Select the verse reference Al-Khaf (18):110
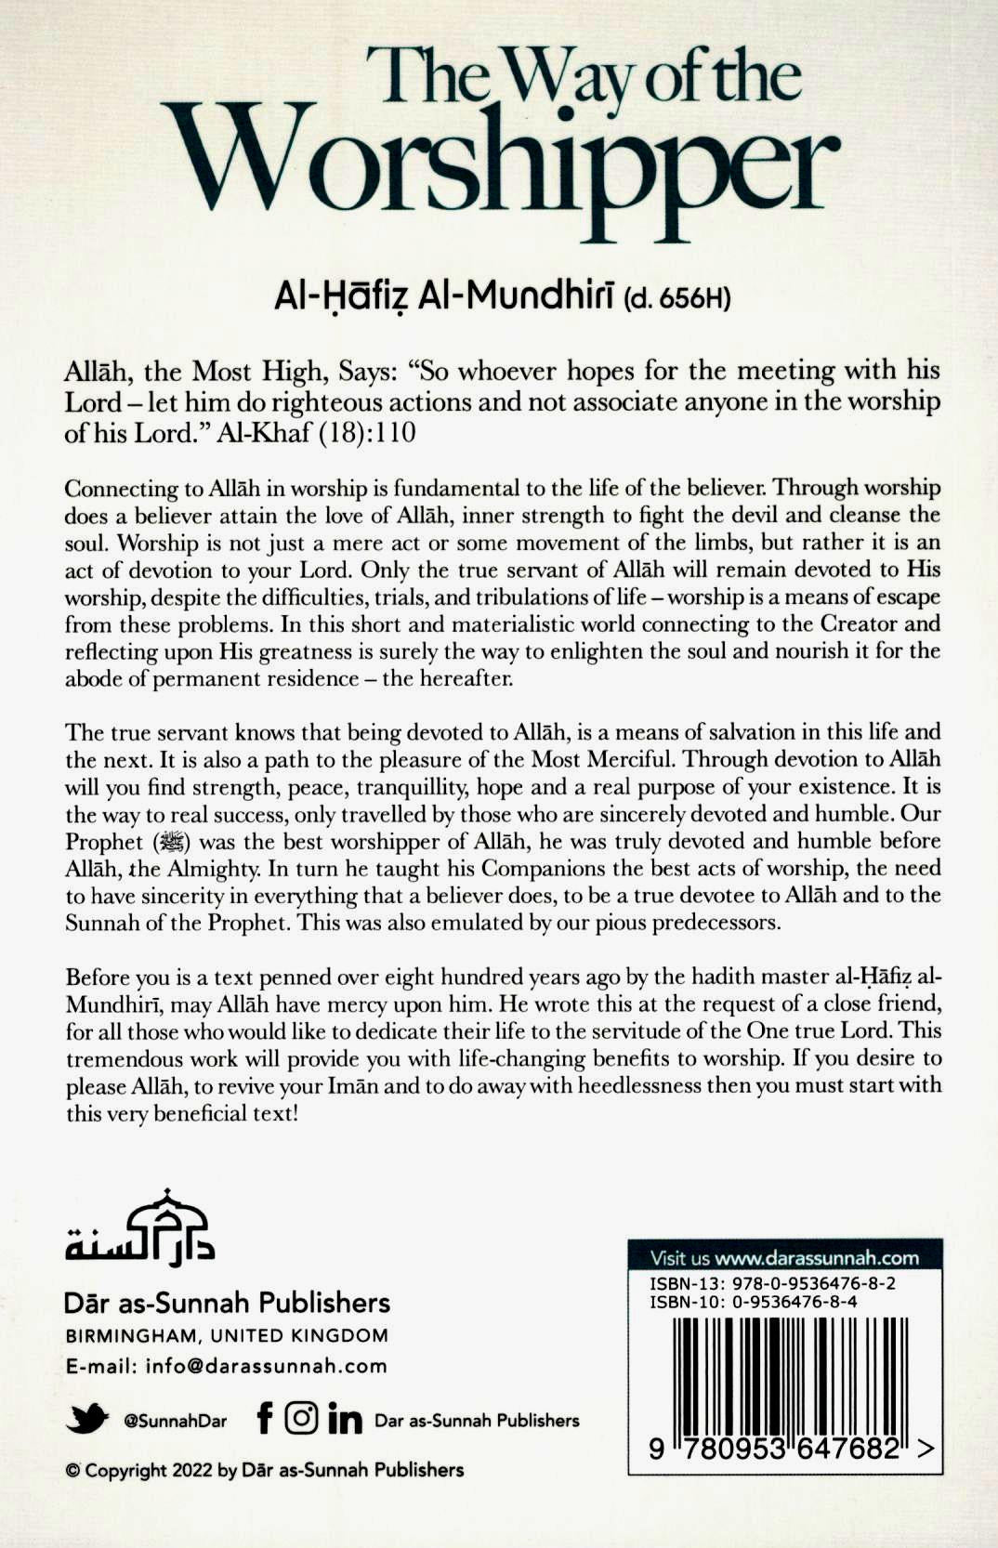(317, 434)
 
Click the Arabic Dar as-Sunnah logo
(139, 1227)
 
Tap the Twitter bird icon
(88, 1419)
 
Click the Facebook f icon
(265, 1418)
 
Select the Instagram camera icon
(301, 1418)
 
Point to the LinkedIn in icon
(345, 1419)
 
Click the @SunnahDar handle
(175, 1421)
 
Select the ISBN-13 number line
(772, 1284)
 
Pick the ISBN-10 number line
(753, 1301)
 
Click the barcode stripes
(786, 1371)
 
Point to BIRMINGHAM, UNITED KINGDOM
(227, 1335)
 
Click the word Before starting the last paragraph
(98, 977)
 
